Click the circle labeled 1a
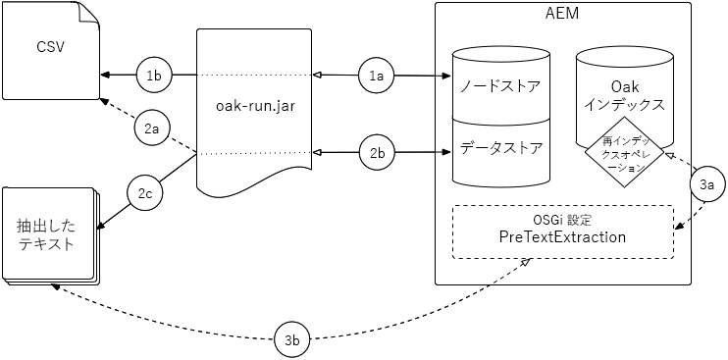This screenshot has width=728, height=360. click(378, 75)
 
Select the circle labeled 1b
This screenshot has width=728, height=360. click(154, 75)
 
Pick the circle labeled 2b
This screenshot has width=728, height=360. click(378, 152)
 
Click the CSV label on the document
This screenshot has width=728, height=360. click(49, 47)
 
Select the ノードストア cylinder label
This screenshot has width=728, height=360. click(499, 85)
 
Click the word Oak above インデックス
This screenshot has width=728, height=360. click(624, 84)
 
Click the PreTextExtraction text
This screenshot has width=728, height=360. click(563, 238)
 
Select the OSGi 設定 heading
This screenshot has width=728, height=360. click(562, 219)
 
